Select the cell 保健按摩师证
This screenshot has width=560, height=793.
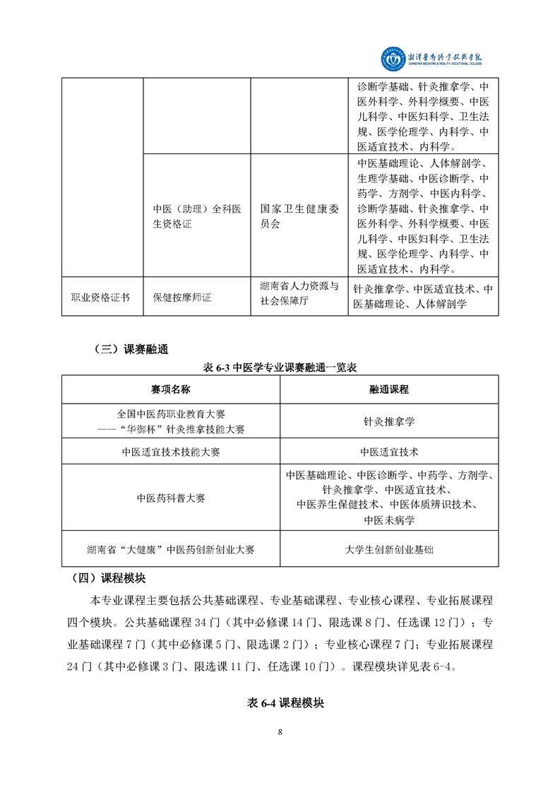tap(182, 298)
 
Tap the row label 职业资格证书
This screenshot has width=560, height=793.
tap(101, 298)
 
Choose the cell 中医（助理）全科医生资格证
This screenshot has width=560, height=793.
tap(197, 216)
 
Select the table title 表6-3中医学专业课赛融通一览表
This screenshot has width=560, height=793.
tap(280, 368)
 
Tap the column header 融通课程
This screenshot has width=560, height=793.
tap(389, 389)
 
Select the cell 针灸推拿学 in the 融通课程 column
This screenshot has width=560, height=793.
tap(389, 421)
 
